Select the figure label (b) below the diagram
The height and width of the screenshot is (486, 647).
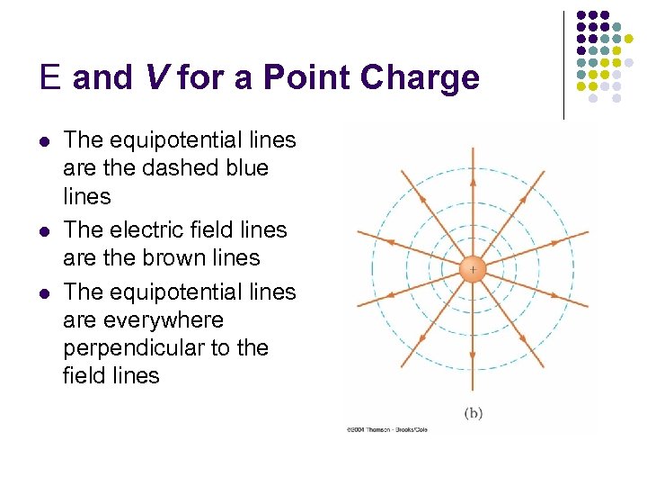(474, 413)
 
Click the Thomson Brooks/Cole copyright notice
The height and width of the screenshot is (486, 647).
(386, 429)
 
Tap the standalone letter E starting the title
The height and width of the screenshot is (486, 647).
(50, 78)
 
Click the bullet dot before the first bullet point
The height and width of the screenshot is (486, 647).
(44, 141)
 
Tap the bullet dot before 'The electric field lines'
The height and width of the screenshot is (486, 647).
(44, 230)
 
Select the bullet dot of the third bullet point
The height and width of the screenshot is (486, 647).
(44, 293)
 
